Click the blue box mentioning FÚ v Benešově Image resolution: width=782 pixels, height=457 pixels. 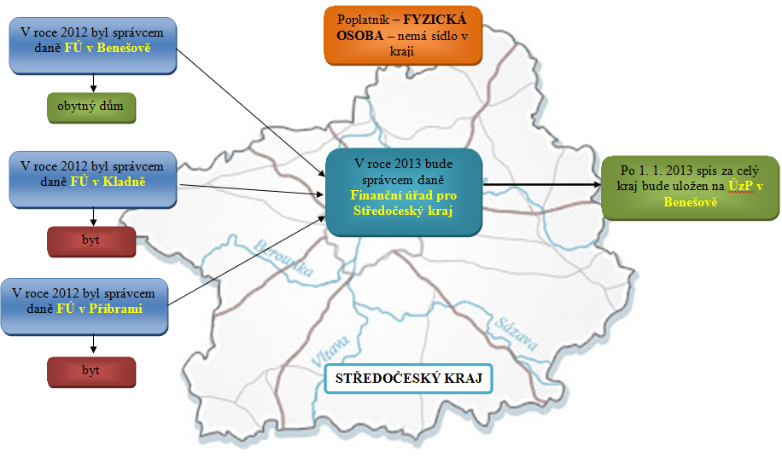[92, 42]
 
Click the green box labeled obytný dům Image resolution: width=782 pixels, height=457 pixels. [92, 108]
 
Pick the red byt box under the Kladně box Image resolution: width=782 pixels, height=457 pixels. [92, 240]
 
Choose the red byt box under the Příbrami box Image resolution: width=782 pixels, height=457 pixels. [92, 371]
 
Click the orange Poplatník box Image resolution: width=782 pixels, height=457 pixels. [402, 35]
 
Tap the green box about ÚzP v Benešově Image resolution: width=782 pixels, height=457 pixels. [690, 187]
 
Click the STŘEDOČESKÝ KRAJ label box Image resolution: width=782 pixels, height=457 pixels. [410, 378]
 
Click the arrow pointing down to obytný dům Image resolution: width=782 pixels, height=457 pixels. [92, 83]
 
